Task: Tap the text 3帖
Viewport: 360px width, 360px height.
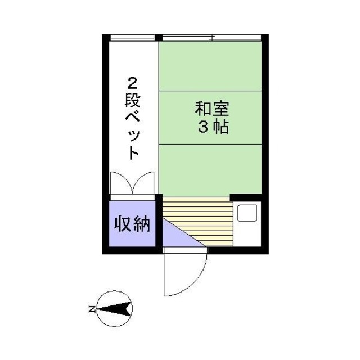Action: pyautogui.click(x=212, y=127)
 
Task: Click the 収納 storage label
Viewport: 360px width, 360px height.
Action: pyautogui.click(x=132, y=224)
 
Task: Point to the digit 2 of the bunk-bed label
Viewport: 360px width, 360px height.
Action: pyautogui.click(x=132, y=84)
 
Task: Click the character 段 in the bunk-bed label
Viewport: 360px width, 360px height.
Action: pyautogui.click(x=132, y=102)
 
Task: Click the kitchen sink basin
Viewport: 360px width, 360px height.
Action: pyautogui.click(x=247, y=214)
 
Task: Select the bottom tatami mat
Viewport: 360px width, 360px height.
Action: pyautogui.click(x=211, y=169)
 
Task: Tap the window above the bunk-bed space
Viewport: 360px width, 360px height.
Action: pyautogui.click(x=132, y=38)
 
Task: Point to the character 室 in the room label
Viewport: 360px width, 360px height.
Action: pyautogui.click(x=221, y=107)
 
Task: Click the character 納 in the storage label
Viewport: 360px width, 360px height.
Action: pyautogui.click(x=142, y=224)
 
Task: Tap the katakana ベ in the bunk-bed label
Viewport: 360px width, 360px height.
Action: pyautogui.click(x=132, y=120)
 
